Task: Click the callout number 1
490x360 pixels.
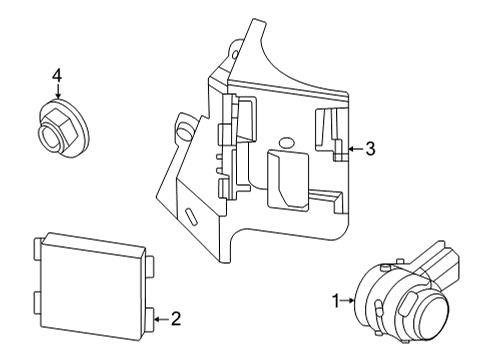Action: [337, 299]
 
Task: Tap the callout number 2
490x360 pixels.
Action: [175, 319]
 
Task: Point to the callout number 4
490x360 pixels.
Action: [57, 75]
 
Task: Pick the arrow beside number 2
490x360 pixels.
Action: [161, 319]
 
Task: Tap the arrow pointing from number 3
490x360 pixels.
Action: [352, 150]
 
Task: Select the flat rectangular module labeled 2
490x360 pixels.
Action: [92, 280]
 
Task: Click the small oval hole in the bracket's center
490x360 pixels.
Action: [286, 142]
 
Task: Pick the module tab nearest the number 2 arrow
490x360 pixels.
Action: [149, 319]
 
